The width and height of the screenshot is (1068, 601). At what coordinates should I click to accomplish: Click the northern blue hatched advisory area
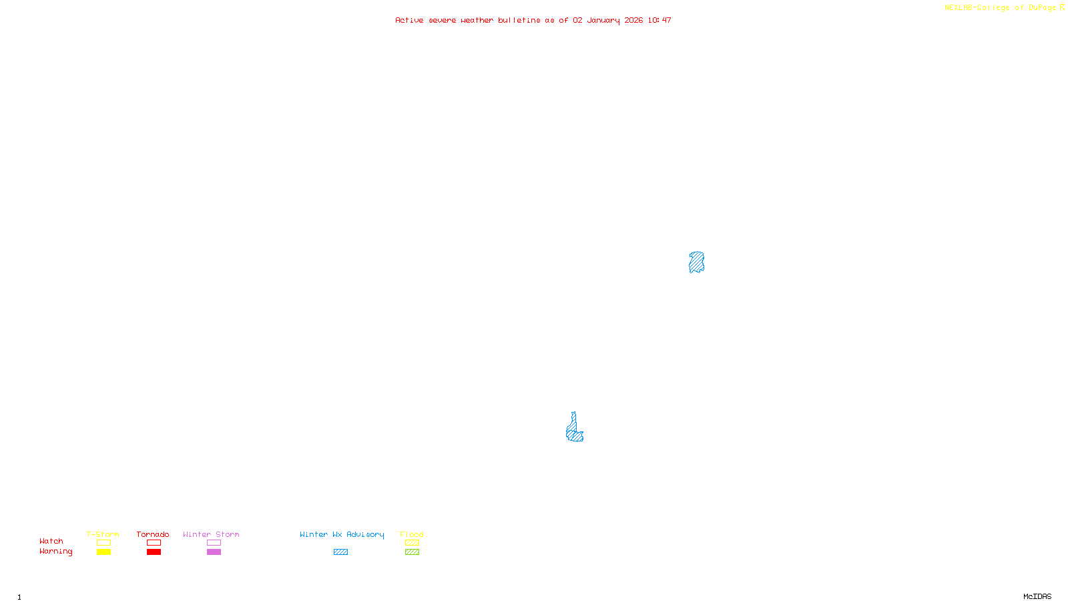click(696, 262)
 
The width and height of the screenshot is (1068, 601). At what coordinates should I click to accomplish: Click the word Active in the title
click(409, 20)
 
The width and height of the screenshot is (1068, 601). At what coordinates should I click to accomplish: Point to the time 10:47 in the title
click(659, 20)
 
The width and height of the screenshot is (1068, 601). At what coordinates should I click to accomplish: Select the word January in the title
click(603, 20)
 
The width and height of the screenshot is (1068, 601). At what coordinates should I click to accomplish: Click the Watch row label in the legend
click(51, 541)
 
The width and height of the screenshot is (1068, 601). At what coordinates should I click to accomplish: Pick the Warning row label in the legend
click(55, 552)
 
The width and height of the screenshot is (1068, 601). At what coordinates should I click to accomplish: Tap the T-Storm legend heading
click(103, 534)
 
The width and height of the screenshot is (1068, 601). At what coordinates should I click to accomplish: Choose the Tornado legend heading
click(153, 534)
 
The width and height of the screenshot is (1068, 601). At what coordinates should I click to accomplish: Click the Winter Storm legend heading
click(211, 534)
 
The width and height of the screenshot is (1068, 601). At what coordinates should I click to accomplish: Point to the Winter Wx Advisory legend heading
click(342, 534)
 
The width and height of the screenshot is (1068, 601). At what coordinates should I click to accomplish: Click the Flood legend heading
click(412, 534)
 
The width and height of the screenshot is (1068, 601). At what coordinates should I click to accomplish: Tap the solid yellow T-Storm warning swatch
click(103, 552)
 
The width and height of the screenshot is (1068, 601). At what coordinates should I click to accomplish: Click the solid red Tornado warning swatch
click(154, 552)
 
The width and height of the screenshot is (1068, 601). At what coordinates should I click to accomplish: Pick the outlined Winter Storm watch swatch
click(214, 543)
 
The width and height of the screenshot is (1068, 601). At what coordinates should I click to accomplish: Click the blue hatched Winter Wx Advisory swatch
click(340, 552)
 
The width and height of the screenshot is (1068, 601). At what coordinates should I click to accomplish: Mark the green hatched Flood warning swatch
click(412, 552)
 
